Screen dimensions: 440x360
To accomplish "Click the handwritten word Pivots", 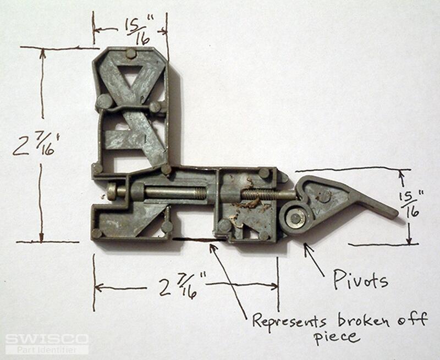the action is click(x=361, y=280).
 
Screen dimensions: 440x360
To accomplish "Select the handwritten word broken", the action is click(x=363, y=320).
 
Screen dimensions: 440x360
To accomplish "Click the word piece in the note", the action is click(x=337, y=337).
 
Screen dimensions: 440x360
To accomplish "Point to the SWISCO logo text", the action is click(x=47, y=339).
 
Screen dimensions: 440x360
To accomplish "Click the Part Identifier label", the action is click(x=47, y=350).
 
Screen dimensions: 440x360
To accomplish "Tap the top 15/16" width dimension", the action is click(x=140, y=31).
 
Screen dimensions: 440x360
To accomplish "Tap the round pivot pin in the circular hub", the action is click(x=295, y=218).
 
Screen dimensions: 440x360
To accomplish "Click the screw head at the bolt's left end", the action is click(x=112, y=191).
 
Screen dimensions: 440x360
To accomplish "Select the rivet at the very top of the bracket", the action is click(x=131, y=53).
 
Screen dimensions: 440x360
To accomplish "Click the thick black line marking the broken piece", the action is click(x=199, y=239).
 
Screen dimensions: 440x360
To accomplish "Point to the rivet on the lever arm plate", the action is click(x=324, y=197).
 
